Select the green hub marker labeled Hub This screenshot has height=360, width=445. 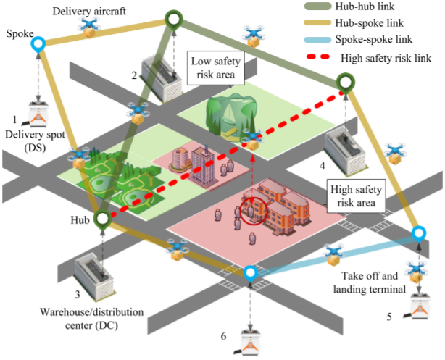pos(103,218)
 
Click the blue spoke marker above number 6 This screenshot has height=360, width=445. pos(250,273)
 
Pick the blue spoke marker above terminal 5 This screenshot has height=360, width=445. pos(418,234)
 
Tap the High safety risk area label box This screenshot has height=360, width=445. pos(355,195)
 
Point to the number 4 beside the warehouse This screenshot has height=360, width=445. pos(322,167)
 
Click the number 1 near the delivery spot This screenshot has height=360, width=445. pos(15,118)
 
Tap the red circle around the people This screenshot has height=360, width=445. pos(254,211)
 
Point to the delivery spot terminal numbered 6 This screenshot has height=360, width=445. pos(249,342)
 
